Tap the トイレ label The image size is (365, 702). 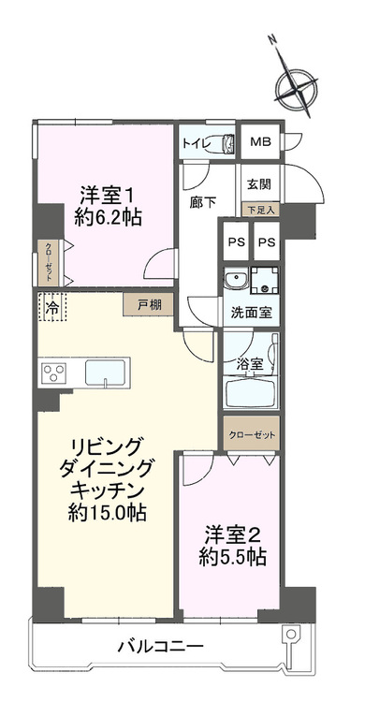point(195,143)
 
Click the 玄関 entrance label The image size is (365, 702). point(257,185)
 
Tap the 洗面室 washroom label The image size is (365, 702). point(252,313)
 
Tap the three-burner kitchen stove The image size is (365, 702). point(53,373)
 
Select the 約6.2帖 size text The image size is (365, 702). point(111,217)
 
